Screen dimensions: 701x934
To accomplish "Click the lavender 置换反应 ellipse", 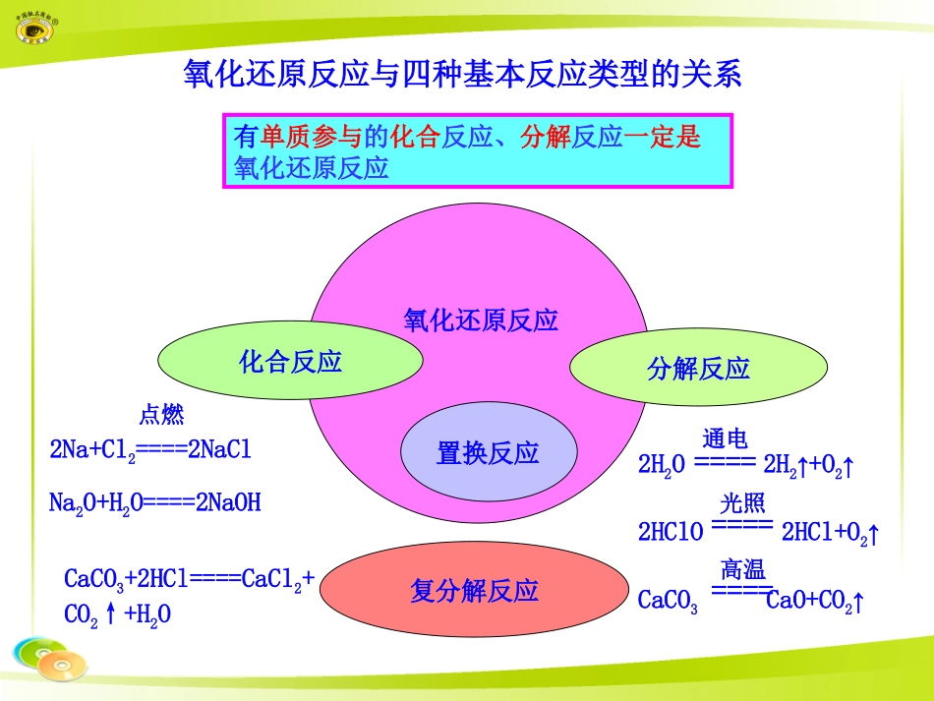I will click(x=488, y=453).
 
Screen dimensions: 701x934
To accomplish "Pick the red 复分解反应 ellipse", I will click(x=475, y=591).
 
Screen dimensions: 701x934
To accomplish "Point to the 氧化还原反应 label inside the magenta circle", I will click(x=481, y=321).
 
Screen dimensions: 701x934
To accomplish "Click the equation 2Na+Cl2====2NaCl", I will click(x=150, y=450).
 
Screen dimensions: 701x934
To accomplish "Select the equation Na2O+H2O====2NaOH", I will click(x=154, y=503).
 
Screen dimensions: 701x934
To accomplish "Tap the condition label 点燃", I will click(x=161, y=415).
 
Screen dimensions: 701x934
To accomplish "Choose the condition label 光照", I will click(x=742, y=504).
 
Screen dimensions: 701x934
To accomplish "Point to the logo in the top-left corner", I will click(x=38, y=27).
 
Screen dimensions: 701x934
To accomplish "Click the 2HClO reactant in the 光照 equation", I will click(x=671, y=532).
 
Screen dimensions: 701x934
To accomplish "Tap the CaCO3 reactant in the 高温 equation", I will click(x=668, y=601).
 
